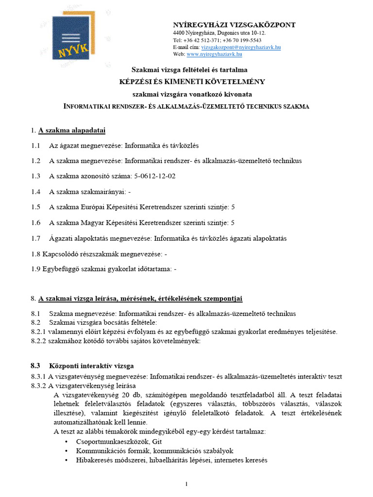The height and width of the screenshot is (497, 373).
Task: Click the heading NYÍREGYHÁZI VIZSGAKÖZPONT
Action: pyautogui.click(x=234, y=25)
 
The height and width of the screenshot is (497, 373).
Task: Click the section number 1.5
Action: pyautogui.click(x=35, y=207)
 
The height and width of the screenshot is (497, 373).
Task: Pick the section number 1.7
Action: pyautogui.click(x=35, y=238)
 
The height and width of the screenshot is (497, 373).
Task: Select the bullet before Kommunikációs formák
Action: pyautogui.click(x=66, y=451)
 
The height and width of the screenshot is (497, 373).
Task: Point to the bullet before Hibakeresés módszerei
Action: pyautogui.click(x=66, y=460)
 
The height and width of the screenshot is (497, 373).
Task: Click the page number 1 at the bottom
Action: pyautogui.click(x=186, y=483)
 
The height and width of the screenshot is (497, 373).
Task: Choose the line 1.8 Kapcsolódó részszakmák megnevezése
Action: pyautogui.click(x=99, y=253)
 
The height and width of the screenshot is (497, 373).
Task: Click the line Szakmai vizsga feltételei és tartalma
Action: pyautogui.click(x=190, y=70)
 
